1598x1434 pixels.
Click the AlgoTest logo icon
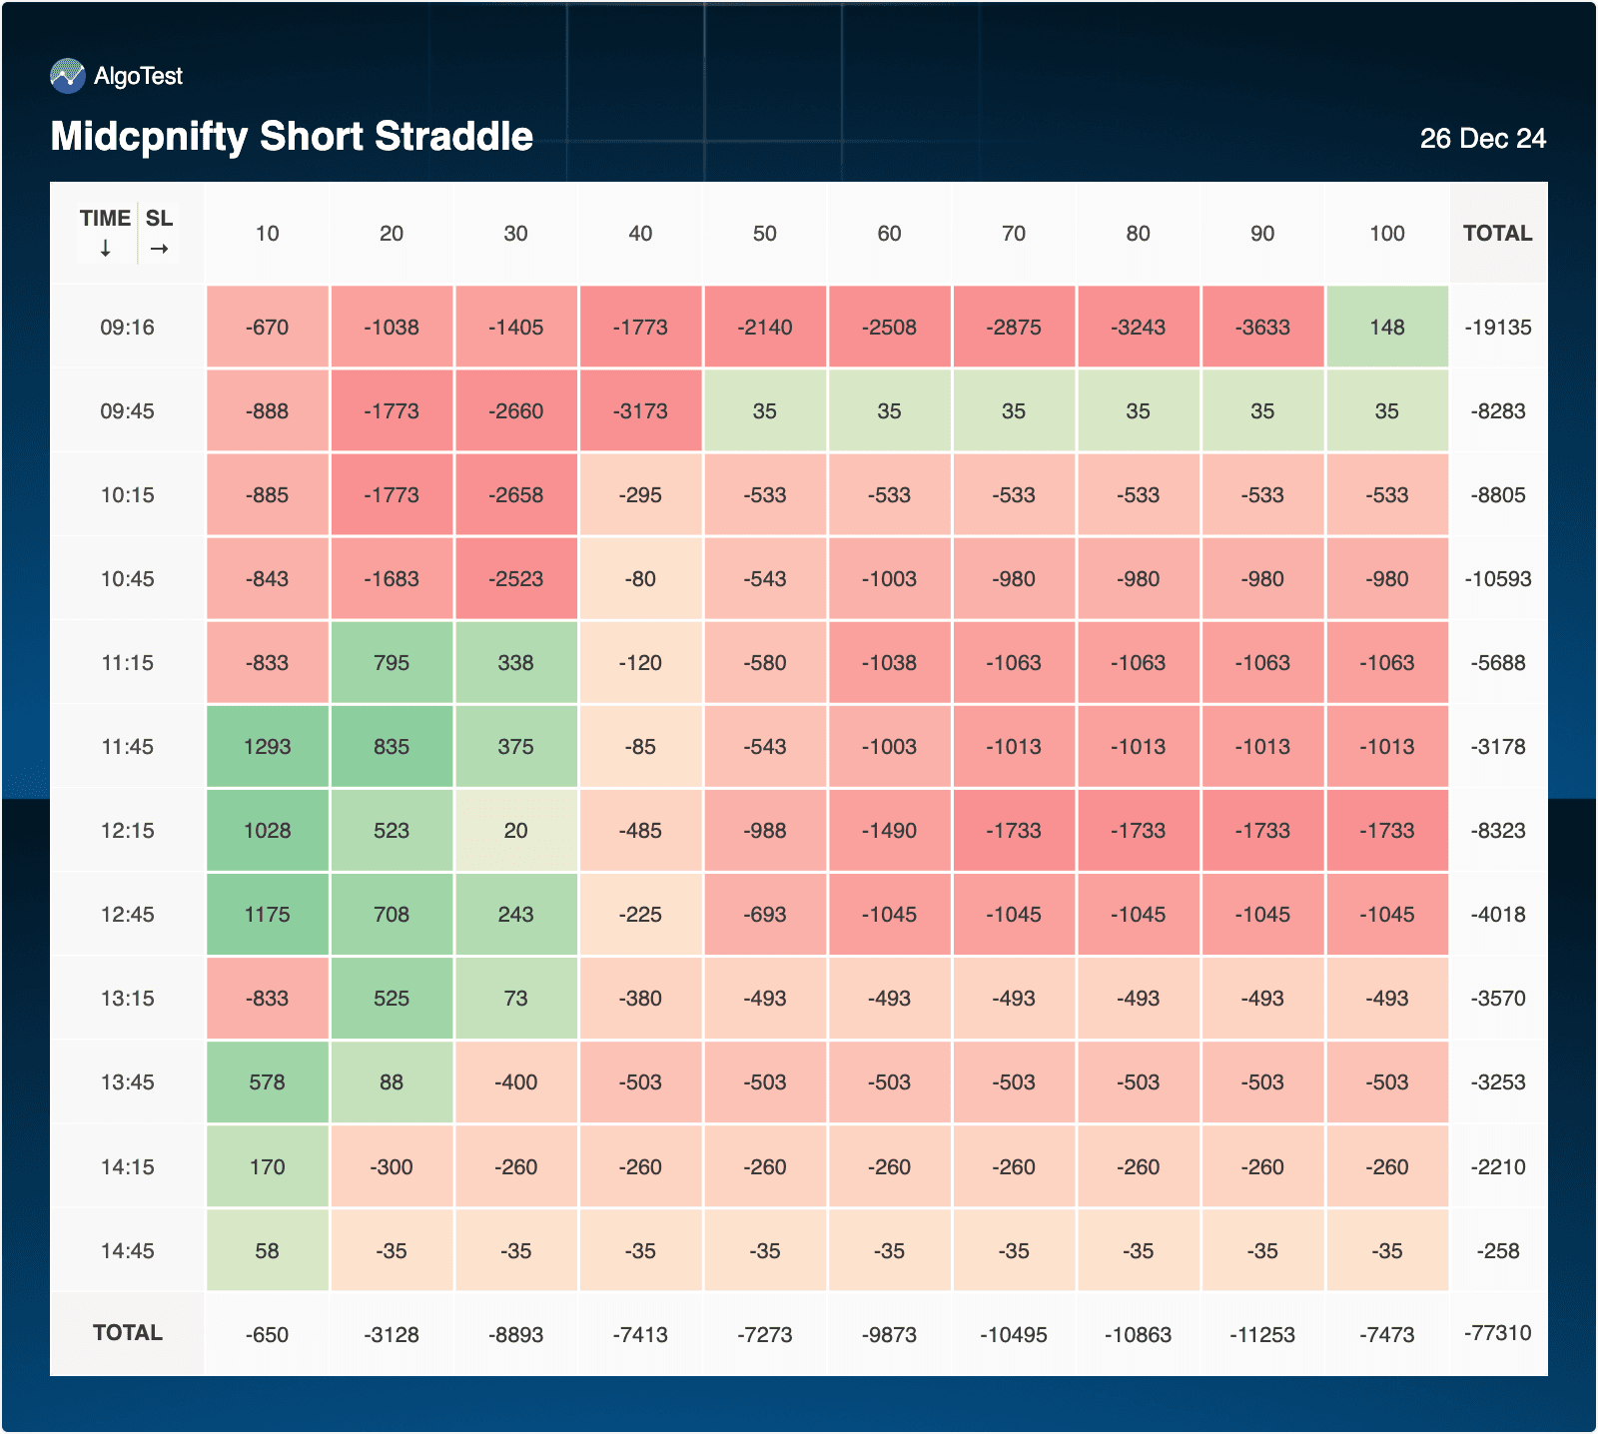click(x=68, y=76)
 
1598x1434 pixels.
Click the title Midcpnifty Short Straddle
click(x=292, y=137)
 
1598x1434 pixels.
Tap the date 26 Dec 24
click(x=1482, y=139)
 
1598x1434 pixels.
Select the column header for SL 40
click(x=640, y=234)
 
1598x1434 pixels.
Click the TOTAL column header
click(x=1497, y=234)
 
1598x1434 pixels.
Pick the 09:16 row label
click(x=127, y=328)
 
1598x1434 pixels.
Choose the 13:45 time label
click(x=127, y=1082)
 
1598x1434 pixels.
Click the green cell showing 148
click(x=1386, y=328)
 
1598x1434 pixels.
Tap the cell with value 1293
click(x=267, y=747)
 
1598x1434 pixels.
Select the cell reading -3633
click(x=1262, y=328)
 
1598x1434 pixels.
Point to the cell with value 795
click(x=392, y=663)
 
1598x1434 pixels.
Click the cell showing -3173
click(x=640, y=411)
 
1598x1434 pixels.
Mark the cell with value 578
click(x=267, y=1082)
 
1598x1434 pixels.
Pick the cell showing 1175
click(x=267, y=915)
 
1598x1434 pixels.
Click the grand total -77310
click(x=1497, y=1333)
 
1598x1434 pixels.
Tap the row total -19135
click(x=1497, y=328)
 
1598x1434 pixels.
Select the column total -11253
click(x=1262, y=1335)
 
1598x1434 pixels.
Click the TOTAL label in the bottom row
click(x=127, y=1333)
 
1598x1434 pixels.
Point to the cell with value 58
click(x=267, y=1251)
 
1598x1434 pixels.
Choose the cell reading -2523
click(x=515, y=579)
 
